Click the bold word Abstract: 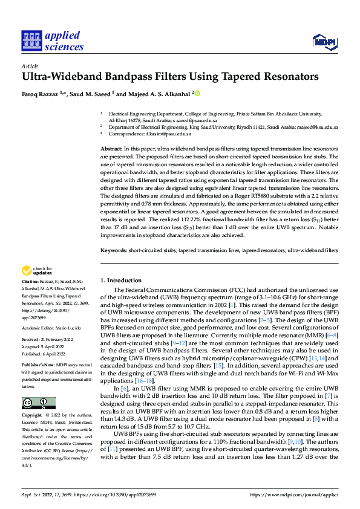coord(112,148)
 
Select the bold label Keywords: coord(114,249)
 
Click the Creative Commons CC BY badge coord(38,403)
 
